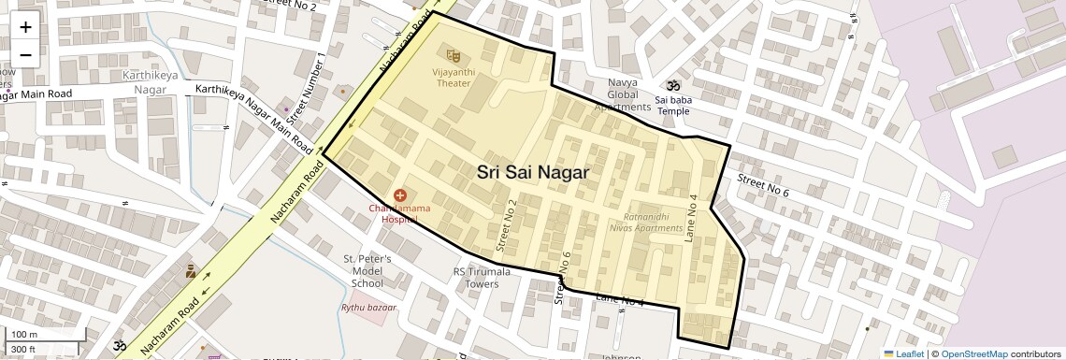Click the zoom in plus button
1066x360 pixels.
click(25, 26)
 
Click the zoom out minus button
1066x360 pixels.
click(25, 54)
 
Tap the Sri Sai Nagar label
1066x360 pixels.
click(532, 172)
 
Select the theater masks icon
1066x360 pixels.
click(454, 57)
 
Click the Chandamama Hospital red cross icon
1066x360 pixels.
click(399, 194)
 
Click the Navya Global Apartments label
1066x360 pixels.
click(622, 94)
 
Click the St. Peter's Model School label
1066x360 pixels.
click(367, 270)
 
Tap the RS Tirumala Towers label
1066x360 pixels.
click(482, 278)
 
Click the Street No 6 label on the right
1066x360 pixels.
click(762, 185)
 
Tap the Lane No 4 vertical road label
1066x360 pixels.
click(693, 219)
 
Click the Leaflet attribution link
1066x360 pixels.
click(902, 353)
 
